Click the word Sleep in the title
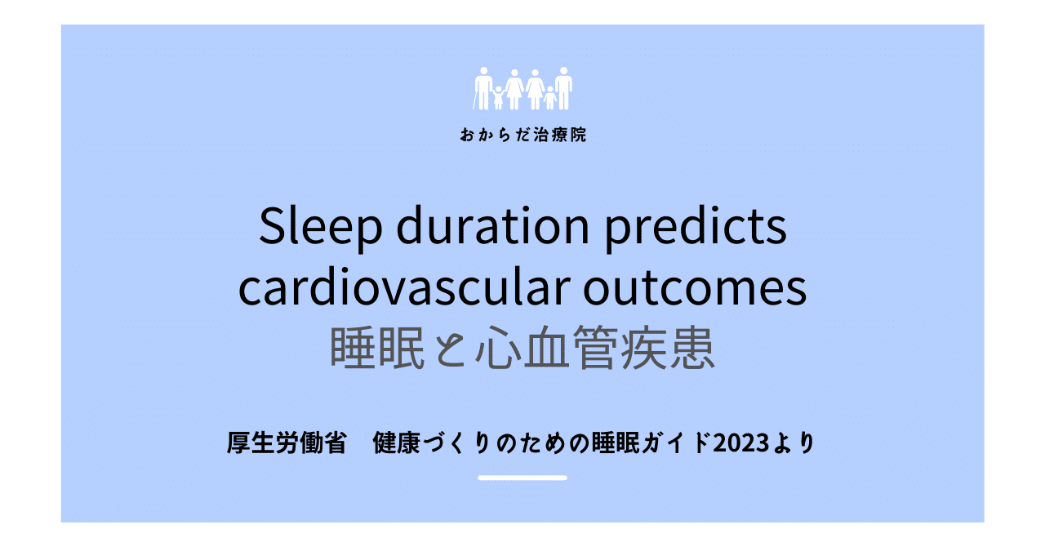[321, 227]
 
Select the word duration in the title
[492, 225]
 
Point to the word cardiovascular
[404, 287]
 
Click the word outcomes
[695, 289]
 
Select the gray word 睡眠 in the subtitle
[377, 348]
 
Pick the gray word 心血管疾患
[595, 348]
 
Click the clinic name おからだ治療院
[523, 135]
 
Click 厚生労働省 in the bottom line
[287, 442]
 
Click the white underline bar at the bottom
[522, 478]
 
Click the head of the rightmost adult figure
[563, 71]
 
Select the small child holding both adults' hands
[498, 97]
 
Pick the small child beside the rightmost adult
[550, 97]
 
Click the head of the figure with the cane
[484, 71]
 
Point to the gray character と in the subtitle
[450, 349]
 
